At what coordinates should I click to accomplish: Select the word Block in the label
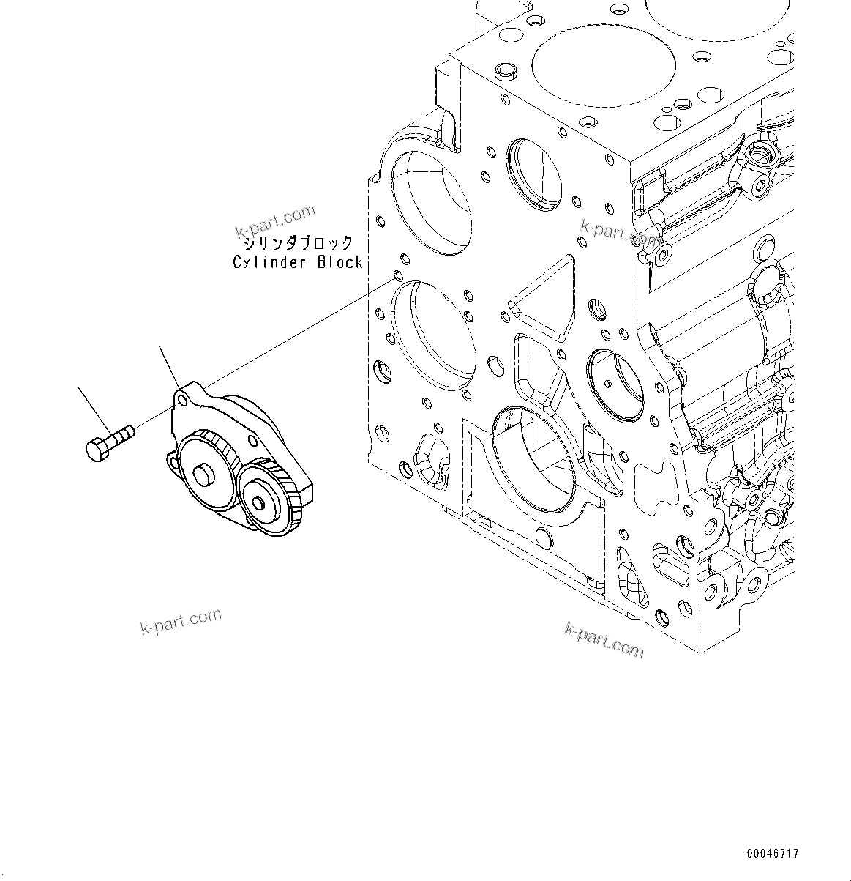340,262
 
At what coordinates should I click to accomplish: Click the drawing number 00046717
773,854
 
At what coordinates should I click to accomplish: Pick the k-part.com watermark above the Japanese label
275,220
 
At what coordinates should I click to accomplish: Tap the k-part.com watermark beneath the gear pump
180,621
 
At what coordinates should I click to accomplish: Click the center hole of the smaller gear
258,502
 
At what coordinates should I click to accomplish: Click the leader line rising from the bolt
97,410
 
